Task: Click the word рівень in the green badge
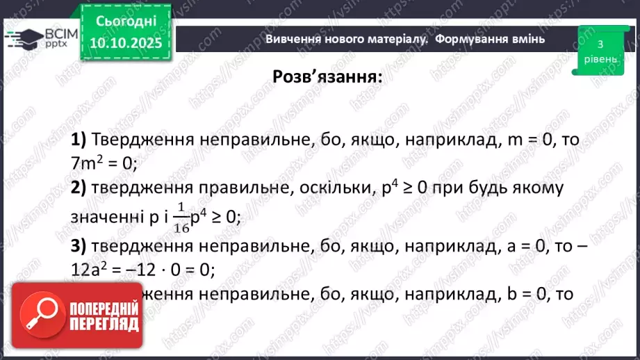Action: pos(599,59)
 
